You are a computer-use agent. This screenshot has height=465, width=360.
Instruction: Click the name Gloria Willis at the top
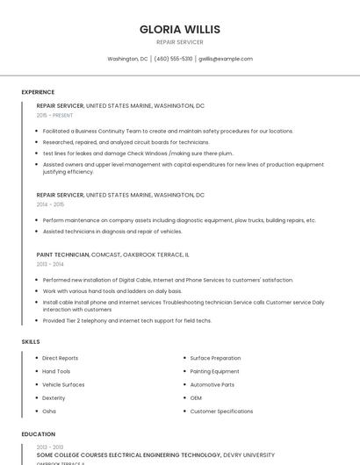[179, 29]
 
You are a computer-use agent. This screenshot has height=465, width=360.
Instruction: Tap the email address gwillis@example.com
[225, 59]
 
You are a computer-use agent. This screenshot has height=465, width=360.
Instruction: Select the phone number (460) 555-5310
[175, 59]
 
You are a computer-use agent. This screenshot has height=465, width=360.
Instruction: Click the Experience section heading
[38, 92]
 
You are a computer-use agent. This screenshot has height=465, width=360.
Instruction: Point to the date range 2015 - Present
[54, 115]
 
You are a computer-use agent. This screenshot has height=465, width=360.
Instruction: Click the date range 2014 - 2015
[50, 204]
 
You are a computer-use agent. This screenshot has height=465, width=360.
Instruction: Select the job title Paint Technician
[62, 254]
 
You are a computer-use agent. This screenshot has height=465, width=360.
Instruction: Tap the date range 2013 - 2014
[50, 264]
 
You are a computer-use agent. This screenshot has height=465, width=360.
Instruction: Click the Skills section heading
[31, 340]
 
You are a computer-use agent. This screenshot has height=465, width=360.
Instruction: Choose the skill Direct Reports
[60, 358]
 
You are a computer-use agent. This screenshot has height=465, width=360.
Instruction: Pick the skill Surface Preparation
[215, 358]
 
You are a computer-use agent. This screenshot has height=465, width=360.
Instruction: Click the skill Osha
[49, 411]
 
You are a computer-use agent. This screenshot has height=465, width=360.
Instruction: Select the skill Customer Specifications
[221, 411]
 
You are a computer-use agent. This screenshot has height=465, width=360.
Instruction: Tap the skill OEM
[196, 397]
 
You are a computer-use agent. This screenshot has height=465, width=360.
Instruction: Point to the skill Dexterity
[54, 397]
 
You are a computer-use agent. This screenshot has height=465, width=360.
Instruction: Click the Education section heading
[38, 434]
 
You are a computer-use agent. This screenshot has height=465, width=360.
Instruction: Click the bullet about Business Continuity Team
[168, 131]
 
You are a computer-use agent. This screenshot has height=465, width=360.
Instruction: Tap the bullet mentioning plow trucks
[179, 220]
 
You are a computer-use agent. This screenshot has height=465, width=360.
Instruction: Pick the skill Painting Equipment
[214, 371]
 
